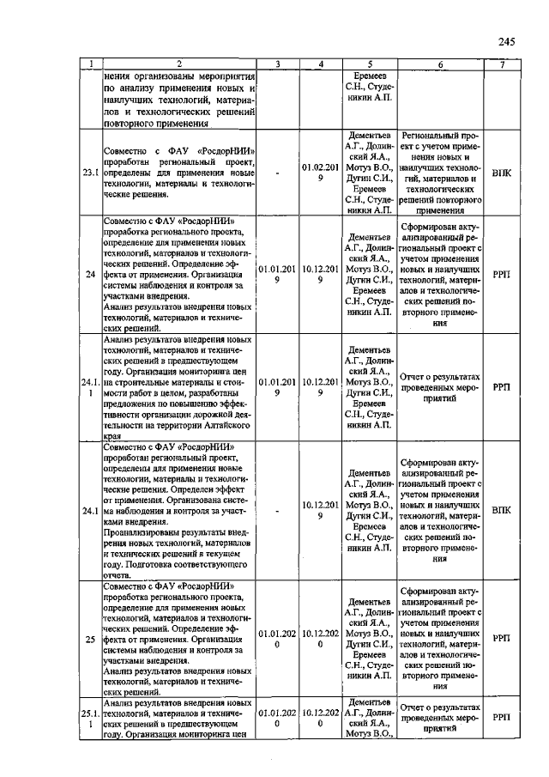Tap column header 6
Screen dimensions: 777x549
pos(440,64)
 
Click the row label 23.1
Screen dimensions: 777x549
pos(89,173)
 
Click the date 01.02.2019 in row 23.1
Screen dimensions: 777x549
pos(320,173)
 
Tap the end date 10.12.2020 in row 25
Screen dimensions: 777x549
pos(320,639)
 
